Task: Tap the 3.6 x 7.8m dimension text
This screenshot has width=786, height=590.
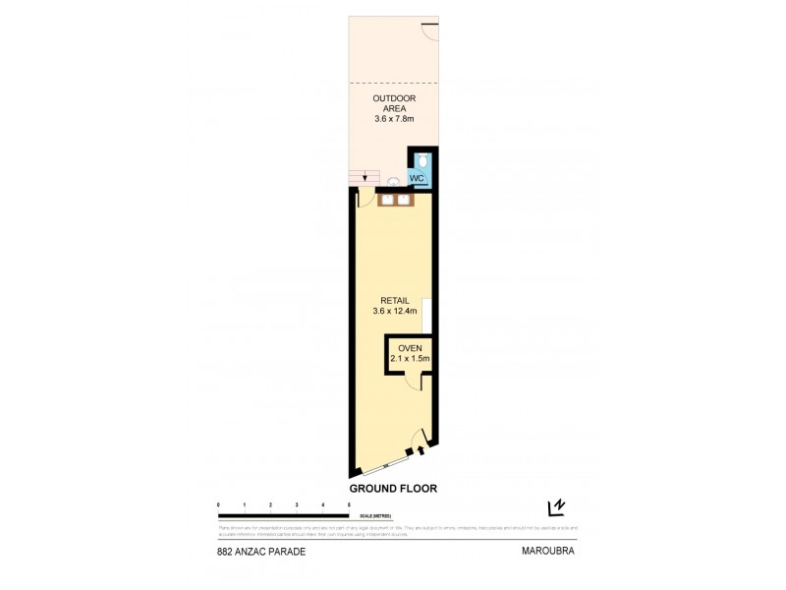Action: coord(392,119)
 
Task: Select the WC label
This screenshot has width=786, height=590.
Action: coord(416,179)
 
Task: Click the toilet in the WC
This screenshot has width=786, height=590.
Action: coord(421,160)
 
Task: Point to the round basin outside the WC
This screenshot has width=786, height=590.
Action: coord(393,182)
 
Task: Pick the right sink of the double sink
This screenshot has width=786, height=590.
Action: coord(403,200)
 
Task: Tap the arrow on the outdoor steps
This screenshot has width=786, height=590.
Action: coord(365,178)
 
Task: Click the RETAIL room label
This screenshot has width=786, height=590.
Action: coord(395,299)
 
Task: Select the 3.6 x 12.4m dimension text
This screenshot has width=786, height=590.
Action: coord(395,312)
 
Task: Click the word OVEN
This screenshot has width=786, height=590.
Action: coord(410,348)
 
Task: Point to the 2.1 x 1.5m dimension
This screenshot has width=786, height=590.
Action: coord(410,360)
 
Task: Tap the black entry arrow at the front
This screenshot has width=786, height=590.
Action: coord(421,450)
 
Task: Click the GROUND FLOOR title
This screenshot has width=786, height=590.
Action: coord(393,487)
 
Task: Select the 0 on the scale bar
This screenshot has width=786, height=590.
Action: coord(218,504)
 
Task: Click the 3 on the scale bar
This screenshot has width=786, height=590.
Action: coord(297,504)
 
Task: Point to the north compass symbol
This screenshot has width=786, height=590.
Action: coord(556,507)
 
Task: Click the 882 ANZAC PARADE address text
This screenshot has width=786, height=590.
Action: coord(260,553)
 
